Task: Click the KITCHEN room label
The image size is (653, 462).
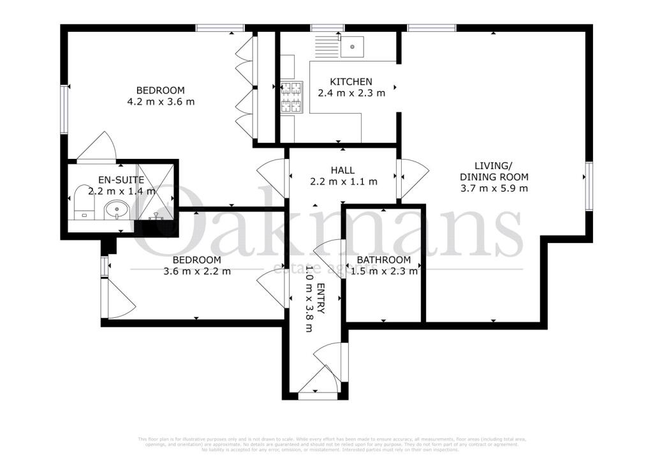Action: [x=351, y=82]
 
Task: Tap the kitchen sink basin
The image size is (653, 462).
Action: [x=352, y=47]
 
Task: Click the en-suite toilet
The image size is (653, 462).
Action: [x=82, y=202]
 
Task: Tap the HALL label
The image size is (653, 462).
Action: [x=343, y=170]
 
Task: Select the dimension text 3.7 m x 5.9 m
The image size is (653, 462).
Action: [x=494, y=188]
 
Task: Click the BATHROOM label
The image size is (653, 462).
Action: [x=383, y=260]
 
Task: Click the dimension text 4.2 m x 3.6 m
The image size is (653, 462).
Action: [x=161, y=101]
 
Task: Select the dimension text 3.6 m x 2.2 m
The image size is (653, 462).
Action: [x=197, y=271]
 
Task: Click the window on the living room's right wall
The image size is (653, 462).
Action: [x=589, y=186]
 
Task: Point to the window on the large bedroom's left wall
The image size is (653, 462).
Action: [x=64, y=109]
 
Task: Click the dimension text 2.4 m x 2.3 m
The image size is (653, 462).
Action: [x=351, y=93]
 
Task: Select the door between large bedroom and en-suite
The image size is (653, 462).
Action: [x=96, y=148]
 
